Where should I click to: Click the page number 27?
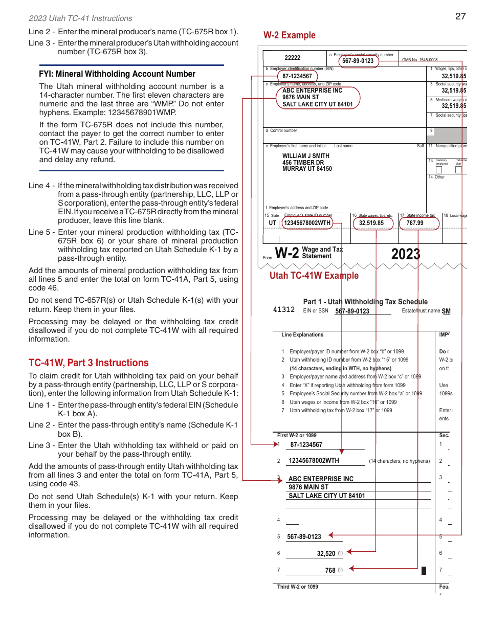(x=460, y=16)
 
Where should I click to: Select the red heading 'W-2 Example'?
(x=290, y=35)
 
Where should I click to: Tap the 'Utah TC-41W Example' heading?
(x=314, y=276)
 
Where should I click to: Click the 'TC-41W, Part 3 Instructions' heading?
(x=89, y=363)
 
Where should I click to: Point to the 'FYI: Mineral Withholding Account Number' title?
(x=117, y=74)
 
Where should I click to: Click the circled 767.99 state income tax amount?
(x=415, y=223)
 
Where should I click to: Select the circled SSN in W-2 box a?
(x=358, y=61)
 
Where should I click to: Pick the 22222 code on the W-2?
(x=293, y=58)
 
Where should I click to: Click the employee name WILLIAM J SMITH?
(x=306, y=156)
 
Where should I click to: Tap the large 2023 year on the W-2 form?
(x=406, y=254)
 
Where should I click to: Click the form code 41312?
(x=284, y=310)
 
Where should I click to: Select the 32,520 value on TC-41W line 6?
(x=326, y=553)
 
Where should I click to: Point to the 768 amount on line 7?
(x=330, y=570)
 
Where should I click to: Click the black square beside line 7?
(x=424, y=570)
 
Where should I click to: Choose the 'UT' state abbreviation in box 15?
(x=273, y=223)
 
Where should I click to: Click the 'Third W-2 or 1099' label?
(x=297, y=587)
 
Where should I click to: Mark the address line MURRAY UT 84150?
(x=307, y=169)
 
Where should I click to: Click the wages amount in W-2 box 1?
(x=454, y=76)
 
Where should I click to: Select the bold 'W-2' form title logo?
(x=286, y=253)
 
